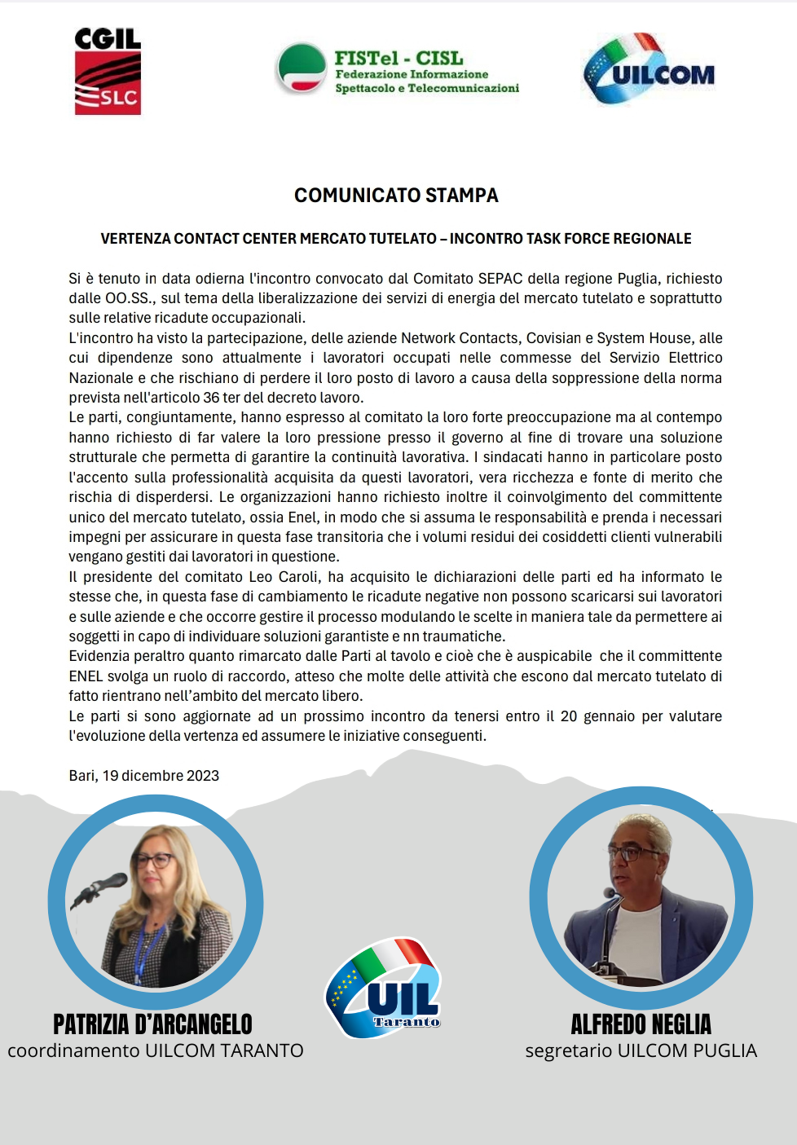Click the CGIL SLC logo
pos(108,72)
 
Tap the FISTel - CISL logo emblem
pos(301,68)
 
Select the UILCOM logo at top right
pos(649,71)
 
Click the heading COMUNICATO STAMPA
pos(396,196)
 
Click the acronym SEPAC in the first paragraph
pos(500,279)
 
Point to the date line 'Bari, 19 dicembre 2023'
pos(144,776)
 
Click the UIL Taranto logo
pos(383,989)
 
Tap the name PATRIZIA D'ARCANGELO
pos(153,1024)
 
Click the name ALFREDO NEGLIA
pos(641,1024)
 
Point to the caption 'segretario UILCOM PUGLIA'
pos(641,1051)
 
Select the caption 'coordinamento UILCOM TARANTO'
pos(156,1051)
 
